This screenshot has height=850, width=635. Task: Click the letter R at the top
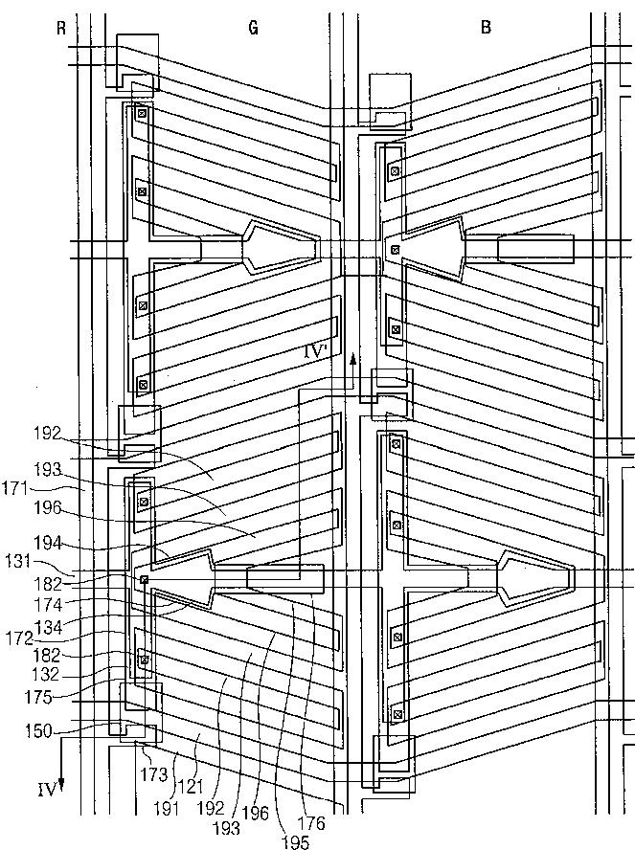click(61, 27)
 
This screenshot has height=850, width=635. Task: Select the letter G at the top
click(254, 27)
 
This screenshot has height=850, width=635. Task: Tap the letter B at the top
click(486, 27)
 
